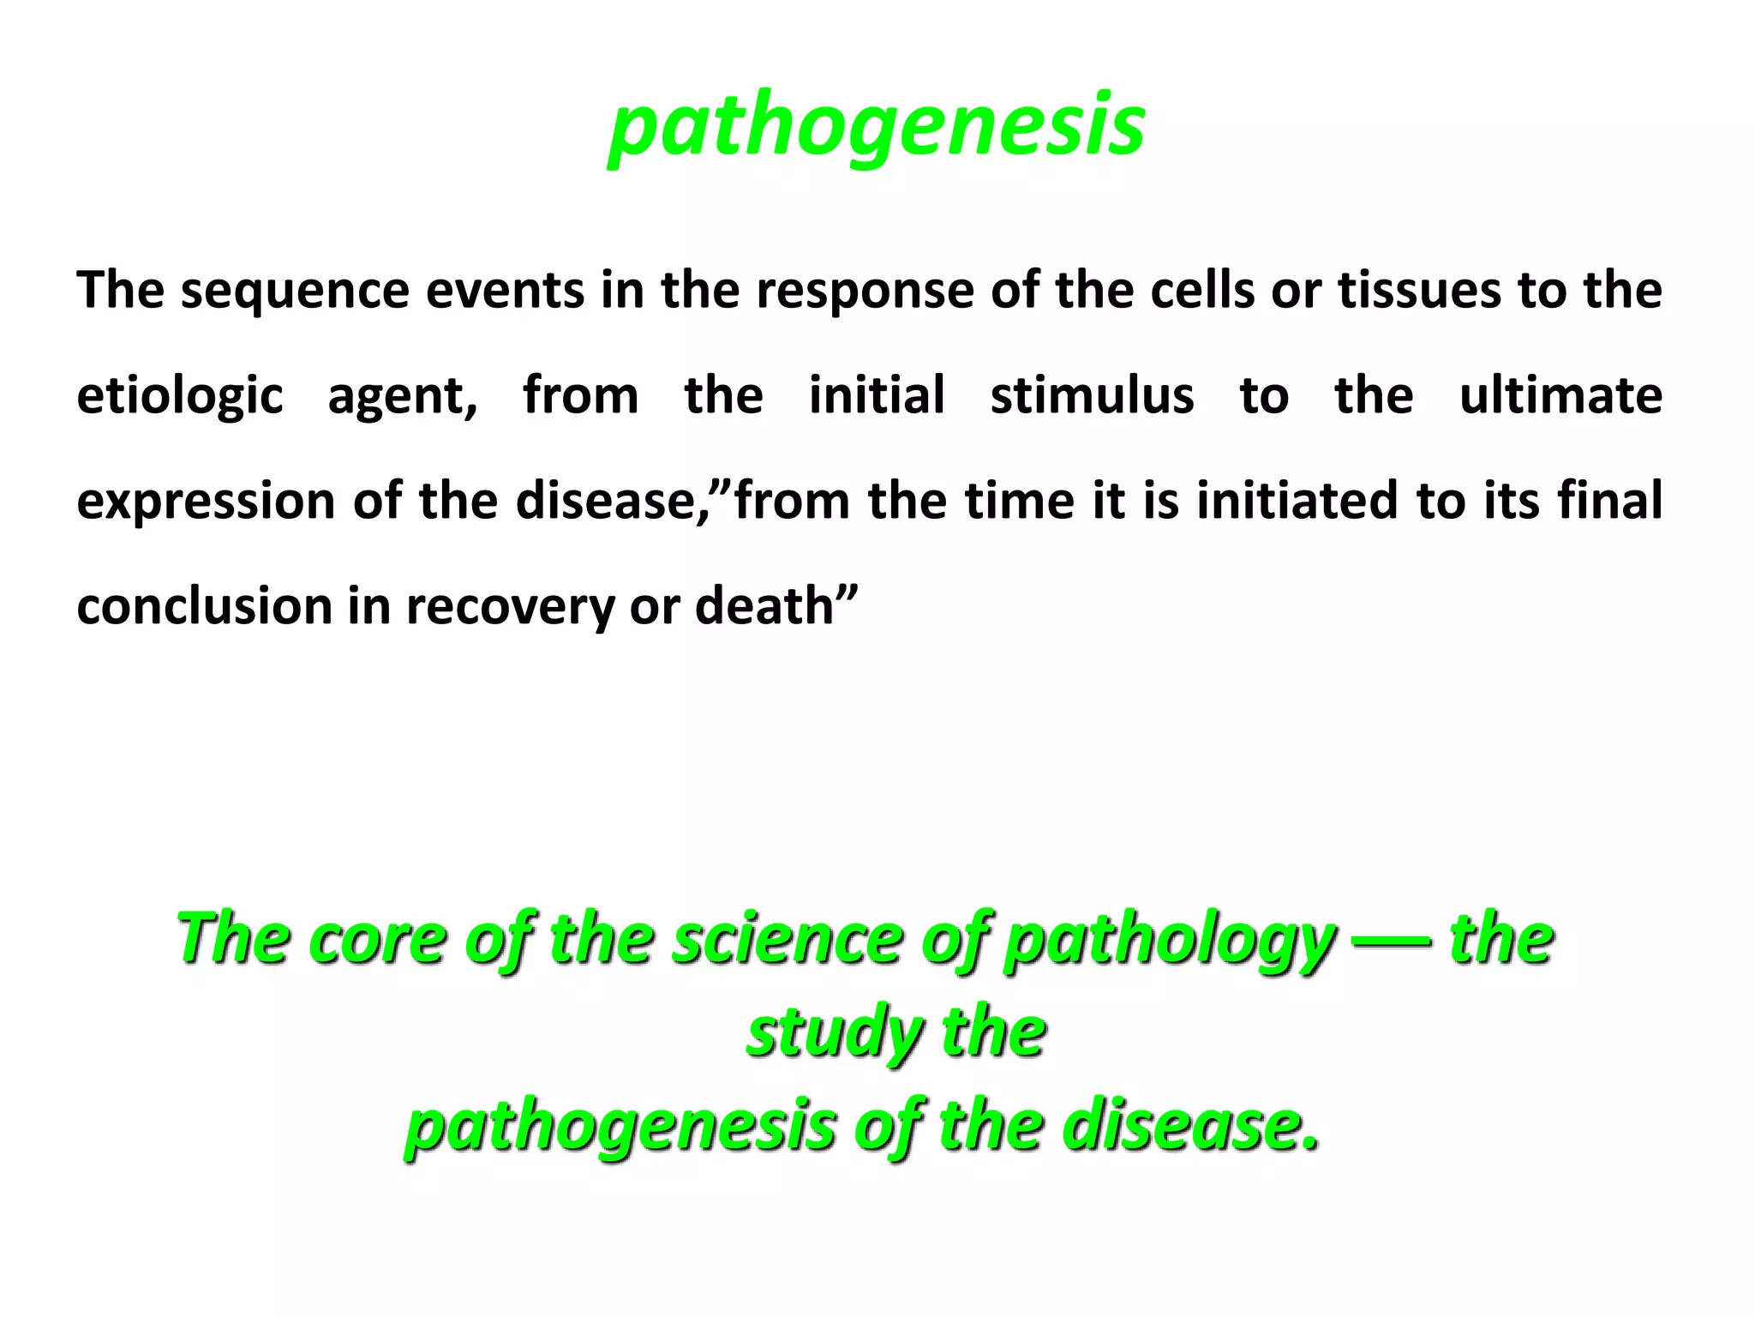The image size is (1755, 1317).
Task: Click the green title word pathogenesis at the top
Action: pyautogui.click(x=877, y=127)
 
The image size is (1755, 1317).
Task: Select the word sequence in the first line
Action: pyautogui.click(x=296, y=292)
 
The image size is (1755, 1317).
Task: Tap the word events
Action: pyautogui.click(x=506, y=290)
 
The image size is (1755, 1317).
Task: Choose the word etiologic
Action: pyautogui.click(x=180, y=397)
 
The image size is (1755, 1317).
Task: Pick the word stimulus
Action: pyautogui.click(x=1092, y=395)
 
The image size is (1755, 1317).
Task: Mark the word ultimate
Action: pyautogui.click(x=1560, y=395)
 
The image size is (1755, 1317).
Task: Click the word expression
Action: pyautogui.click(x=206, y=502)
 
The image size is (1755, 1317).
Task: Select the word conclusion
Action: pyautogui.click(x=204, y=606)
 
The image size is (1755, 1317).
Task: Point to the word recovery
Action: pyautogui.click(x=510, y=608)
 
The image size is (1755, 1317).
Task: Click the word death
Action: pyautogui.click(x=764, y=606)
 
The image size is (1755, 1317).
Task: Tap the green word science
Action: pyautogui.click(x=787, y=939)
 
